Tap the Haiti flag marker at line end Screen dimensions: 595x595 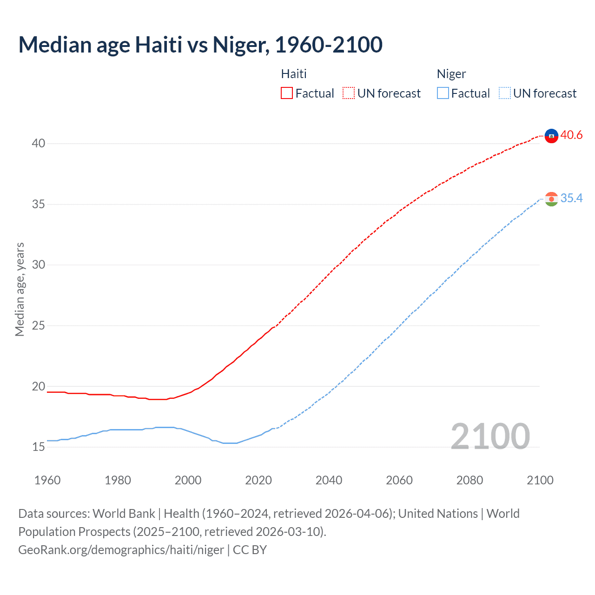point(551,136)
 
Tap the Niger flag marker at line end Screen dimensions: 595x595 point(551,199)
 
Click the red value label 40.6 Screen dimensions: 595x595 point(571,135)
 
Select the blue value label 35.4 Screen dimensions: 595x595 point(571,198)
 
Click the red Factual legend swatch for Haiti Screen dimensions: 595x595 point(287,93)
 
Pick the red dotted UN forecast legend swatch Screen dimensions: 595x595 point(349,93)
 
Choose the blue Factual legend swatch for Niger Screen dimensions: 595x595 point(443,93)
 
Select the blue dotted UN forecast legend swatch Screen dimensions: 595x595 point(505,93)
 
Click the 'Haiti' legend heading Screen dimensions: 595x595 point(294,74)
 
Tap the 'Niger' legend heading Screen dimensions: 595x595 point(451,74)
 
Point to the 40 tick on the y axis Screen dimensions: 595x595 point(39,143)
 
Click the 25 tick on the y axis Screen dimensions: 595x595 point(39,325)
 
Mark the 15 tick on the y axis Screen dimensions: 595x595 point(39,447)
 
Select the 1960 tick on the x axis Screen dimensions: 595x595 point(47,480)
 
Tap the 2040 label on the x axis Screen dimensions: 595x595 point(329,480)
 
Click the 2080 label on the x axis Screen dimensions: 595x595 point(469,480)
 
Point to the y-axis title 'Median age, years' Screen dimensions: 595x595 point(20,289)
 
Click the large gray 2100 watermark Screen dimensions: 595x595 point(490,436)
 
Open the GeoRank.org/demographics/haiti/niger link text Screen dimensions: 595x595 point(121,550)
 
